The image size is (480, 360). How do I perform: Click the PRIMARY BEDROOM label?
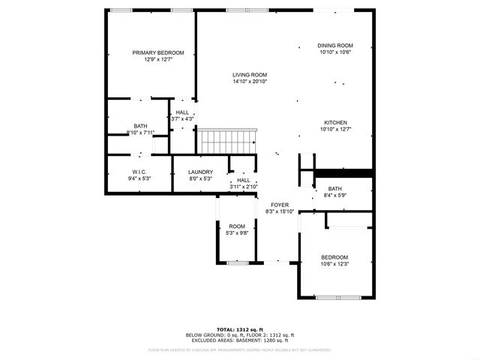[158, 52]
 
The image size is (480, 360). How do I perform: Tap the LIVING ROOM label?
[250, 75]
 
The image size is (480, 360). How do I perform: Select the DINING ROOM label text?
[335, 46]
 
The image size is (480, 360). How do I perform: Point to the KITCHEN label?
[335, 122]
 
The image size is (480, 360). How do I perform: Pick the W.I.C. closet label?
[140, 172]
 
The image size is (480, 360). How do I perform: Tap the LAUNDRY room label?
[200, 172]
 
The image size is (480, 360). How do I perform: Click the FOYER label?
[280, 205]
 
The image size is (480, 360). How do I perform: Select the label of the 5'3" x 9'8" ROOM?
[237, 226]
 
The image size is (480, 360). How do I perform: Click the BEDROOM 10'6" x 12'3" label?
[334, 256]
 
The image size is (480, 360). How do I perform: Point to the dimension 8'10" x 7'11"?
[140, 133]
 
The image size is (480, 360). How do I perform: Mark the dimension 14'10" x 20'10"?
[250, 82]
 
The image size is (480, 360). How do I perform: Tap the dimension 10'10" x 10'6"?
[335, 52]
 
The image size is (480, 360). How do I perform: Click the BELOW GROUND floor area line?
[240, 334]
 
